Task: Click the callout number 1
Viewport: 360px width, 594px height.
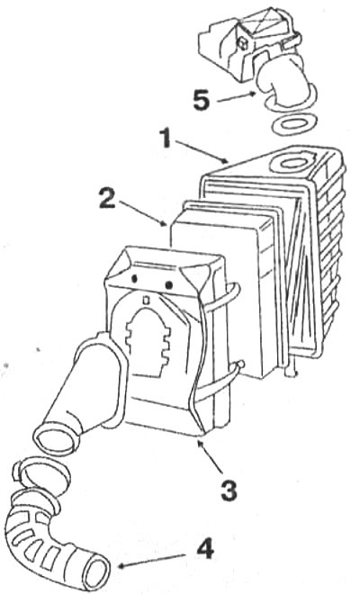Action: point(166,138)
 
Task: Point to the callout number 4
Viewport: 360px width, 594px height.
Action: point(205,548)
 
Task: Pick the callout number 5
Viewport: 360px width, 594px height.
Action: point(201,101)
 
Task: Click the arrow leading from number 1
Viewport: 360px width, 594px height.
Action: point(202,151)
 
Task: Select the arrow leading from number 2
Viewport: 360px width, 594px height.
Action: point(142,213)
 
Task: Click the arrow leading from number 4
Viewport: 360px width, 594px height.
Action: point(152,561)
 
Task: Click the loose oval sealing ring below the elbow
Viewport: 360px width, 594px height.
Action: point(292,124)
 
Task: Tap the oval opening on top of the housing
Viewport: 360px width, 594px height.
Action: point(292,163)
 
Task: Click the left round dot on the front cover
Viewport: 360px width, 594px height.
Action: point(134,279)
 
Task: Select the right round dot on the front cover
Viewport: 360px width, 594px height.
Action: point(169,283)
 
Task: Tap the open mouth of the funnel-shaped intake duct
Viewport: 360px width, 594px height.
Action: point(56,435)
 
